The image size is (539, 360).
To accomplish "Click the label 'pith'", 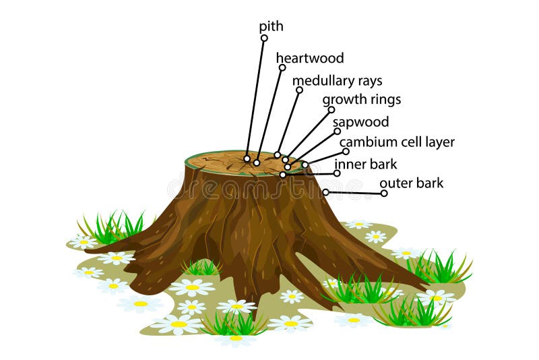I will [272, 27].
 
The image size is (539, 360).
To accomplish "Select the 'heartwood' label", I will [310, 59].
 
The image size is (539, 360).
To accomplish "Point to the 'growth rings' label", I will [361, 100].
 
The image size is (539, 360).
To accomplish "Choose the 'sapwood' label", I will [360, 123].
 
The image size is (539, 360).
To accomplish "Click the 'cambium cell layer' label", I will [397, 142].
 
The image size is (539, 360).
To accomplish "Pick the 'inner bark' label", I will [366, 164].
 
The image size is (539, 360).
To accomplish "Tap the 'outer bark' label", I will [411, 183].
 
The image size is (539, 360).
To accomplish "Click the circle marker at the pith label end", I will [264, 38].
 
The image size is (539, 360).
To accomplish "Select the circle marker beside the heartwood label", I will [282, 67].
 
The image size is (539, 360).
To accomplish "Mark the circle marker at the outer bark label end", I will [384, 193].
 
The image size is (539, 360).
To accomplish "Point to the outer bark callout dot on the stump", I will [325, 192].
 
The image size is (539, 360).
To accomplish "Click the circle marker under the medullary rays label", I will [299, 90].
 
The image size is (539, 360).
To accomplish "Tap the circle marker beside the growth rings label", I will [331, 109].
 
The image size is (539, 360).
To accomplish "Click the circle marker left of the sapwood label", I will [337, 131].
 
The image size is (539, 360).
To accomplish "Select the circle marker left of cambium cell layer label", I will [346, 152].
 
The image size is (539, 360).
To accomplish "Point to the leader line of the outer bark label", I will [354, 193].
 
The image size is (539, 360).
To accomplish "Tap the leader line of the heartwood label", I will [269, 115].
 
